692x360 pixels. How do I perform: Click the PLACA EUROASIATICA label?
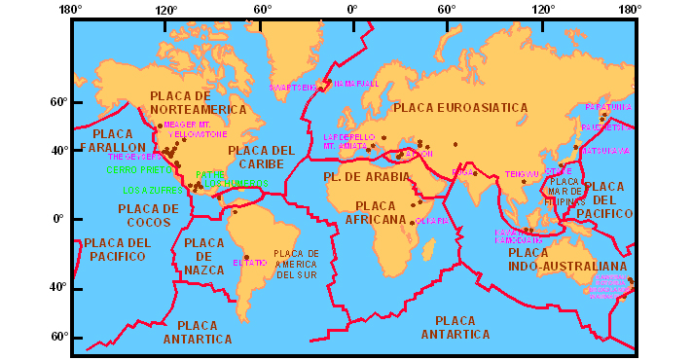point(460,108)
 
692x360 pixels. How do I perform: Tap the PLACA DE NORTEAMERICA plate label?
point(194,103)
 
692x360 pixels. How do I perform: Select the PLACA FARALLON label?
point(113,140)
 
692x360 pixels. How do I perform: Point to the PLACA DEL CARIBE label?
point(260,158)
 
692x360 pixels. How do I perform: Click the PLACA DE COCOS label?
point(149,215)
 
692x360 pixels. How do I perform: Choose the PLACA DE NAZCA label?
point(203,256)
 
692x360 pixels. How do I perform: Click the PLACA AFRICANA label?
point(381,213)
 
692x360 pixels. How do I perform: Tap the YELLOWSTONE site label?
point(198,134)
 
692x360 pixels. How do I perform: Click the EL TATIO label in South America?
point(250,263)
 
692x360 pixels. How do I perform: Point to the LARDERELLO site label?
point(348,137)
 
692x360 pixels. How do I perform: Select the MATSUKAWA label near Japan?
point(605,151)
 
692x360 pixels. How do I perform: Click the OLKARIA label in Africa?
point(432,221)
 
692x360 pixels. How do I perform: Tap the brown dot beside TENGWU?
point(525,182)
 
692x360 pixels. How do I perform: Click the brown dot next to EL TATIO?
point(246,256)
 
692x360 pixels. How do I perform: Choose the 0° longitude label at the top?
point(352,11)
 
